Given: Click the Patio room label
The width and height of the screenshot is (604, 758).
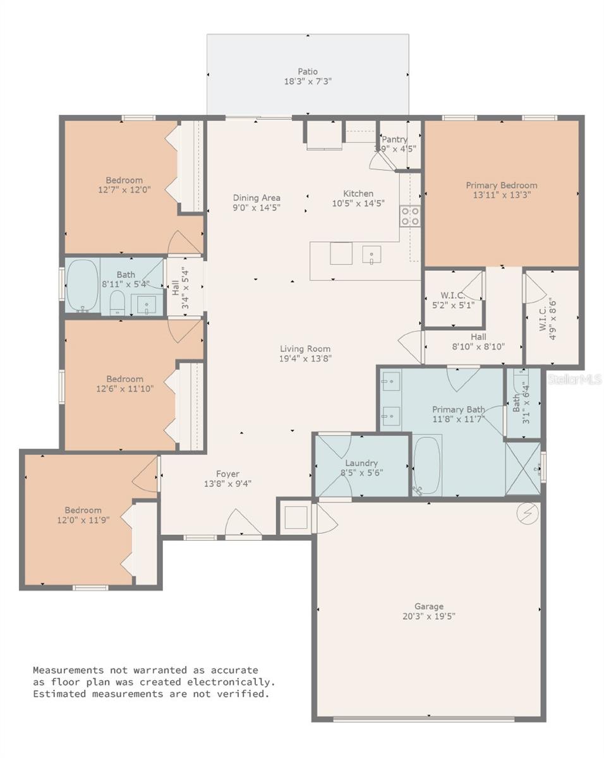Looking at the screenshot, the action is coord(308,72).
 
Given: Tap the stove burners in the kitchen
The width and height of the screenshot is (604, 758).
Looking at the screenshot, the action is coord(410,216).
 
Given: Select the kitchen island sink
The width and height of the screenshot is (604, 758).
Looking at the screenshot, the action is coord(371,255).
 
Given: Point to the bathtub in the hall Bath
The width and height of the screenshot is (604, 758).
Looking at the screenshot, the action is coord(83,286).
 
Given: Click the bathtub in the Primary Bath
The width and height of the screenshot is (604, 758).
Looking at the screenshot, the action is coord(426,465).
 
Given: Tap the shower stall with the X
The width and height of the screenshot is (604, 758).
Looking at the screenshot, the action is coord(522,469).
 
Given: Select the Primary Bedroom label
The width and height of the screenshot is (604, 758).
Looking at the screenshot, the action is coord(502,185).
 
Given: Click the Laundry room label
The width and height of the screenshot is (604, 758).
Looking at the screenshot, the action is coord(361,463).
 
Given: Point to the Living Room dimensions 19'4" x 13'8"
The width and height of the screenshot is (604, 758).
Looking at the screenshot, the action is coord(305,359).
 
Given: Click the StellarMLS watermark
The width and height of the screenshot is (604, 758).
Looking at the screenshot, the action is coord(574,379).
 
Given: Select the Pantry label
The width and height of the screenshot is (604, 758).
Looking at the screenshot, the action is coord(394,140).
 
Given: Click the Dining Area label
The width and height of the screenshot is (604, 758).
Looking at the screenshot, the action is coord(257,198).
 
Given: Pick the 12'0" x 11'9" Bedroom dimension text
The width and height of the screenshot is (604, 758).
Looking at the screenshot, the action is coord(83,520).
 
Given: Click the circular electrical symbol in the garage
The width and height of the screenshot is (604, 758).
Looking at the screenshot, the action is coord(528,514).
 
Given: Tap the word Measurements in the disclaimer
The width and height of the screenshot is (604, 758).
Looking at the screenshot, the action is coord(68,670).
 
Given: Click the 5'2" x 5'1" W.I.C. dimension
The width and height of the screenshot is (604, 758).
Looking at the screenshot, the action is coord(453,305).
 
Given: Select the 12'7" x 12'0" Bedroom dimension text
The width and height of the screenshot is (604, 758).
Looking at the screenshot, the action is coord(124,189).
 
